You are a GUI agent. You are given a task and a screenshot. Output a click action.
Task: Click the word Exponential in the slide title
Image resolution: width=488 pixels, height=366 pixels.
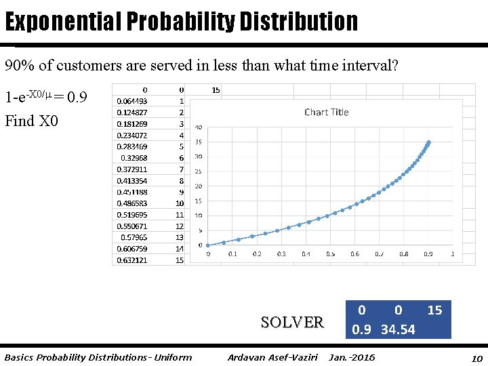[x=61, y=22]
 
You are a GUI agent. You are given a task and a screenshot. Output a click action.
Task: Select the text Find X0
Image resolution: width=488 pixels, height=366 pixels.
[x=32, y=121]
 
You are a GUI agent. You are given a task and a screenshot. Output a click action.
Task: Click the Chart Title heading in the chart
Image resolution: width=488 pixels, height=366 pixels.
[x=326, y=112]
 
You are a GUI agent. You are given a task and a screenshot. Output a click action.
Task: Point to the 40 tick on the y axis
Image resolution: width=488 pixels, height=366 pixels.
[x=199, y=127]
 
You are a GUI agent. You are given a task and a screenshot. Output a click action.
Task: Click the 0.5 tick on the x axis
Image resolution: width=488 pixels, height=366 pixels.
[x=330, y=254]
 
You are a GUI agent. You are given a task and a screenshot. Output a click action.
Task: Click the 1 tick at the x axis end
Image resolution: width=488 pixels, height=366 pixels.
[x=452, y=254]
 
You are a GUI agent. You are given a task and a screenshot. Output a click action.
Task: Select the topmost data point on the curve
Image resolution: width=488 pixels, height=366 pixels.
[x=428, y=142]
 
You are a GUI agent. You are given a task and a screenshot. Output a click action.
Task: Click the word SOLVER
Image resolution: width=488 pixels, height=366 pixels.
[x=292, y=322]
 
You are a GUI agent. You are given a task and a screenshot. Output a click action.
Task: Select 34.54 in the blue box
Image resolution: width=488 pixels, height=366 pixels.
[x=398, y=329]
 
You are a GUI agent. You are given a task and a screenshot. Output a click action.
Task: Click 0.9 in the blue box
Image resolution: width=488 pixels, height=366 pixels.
[x=362, y=329]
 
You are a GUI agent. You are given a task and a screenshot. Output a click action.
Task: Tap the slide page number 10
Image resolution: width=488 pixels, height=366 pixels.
[x=476, y=357]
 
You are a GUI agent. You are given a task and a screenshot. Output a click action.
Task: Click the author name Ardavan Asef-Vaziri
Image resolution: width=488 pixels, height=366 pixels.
[x=272, y=357]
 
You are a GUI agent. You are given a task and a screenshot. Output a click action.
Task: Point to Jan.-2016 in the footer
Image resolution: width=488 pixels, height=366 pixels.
[x=352, y=357]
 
